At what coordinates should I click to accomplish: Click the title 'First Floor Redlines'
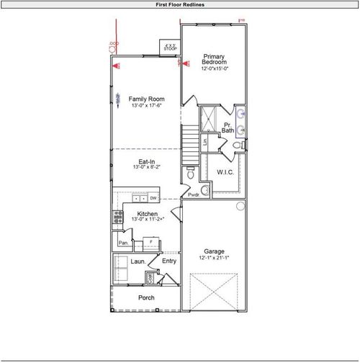click(x=180, y=4)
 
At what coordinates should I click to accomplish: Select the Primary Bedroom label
click(x=215, y=60)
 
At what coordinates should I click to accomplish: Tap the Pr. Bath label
click(x=228, y=127)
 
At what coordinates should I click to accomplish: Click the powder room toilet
click(x=190, y=174)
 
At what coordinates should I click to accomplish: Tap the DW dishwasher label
click(x=153, y=198)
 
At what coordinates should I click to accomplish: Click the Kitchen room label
click(x=148, y=215)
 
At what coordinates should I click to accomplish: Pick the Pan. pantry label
click(x=122, y=243)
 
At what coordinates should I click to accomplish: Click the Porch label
click(x=146, y=297)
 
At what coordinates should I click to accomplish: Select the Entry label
click(x=169, y=261)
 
